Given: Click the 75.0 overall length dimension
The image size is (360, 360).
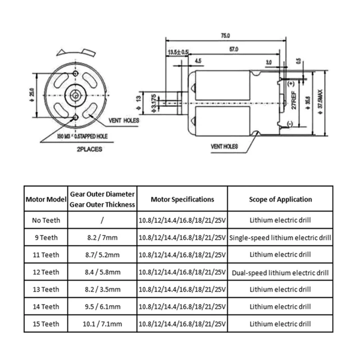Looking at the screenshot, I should (x=225, y=36).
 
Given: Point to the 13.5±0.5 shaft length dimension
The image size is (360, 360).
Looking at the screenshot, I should (x=178, y=52).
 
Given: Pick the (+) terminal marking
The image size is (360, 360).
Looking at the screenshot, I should (x=290, y=84).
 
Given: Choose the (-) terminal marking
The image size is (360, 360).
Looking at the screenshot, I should (x=290, y=124).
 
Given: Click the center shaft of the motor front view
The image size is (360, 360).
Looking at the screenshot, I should (x=75, y=94).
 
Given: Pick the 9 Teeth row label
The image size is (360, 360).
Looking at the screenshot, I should (x=46, y=237).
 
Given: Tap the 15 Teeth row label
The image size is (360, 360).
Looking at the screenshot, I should (x=46, y=324).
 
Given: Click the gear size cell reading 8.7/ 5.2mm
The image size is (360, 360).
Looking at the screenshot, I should (x=103, y=255).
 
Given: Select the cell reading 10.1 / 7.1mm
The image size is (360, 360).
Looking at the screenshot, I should (x=103, y=324).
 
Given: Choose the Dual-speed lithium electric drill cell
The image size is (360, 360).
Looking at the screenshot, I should (x=280, y=272).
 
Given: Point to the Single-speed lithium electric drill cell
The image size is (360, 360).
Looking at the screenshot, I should (x=280, y=237).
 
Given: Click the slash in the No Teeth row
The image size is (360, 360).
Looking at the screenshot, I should (x=103, y=220).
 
